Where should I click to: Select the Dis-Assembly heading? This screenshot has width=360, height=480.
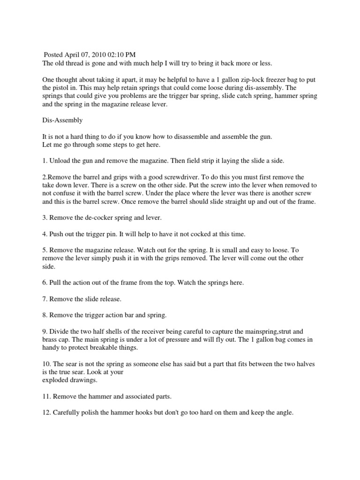pyautogui.click(x=62, y=120)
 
